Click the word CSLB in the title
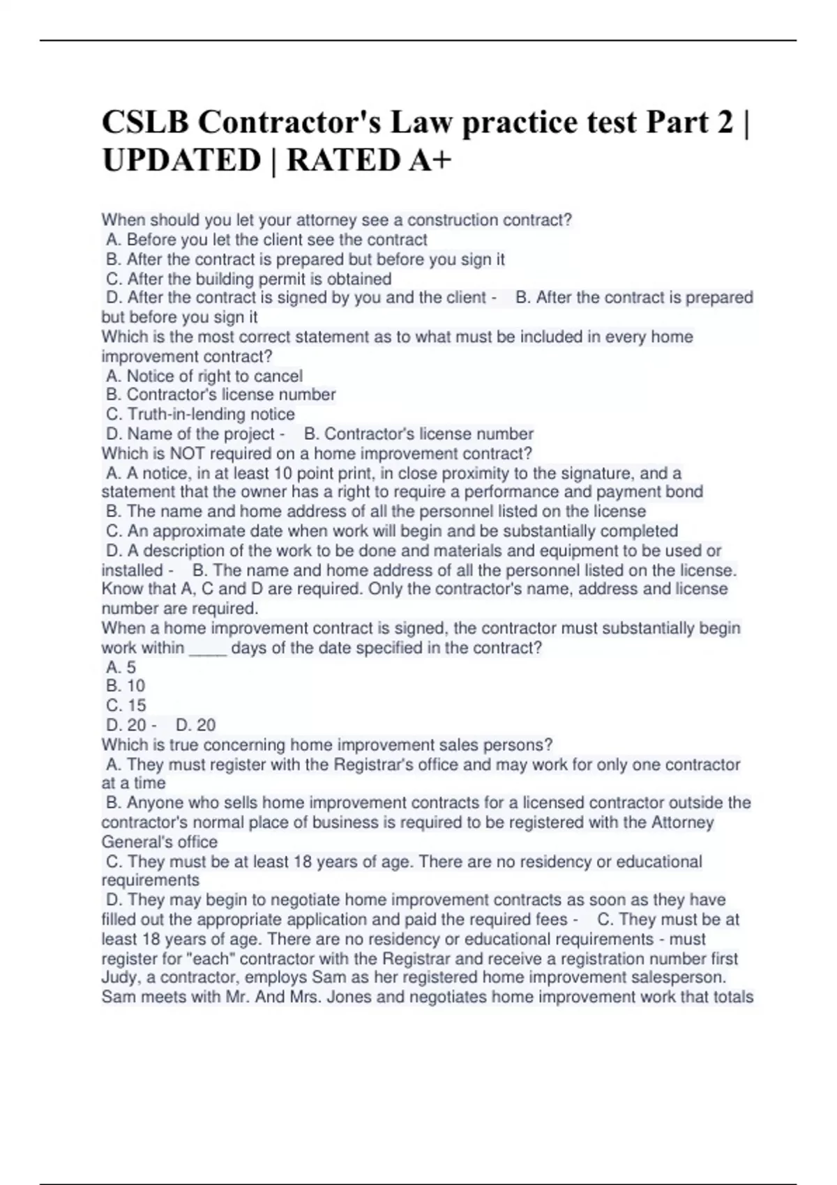click(144, 123)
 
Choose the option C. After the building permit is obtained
click(249, 279)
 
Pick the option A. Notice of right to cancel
click(204, 376)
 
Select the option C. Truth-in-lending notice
click(201, 414)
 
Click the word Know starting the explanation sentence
click(122, 589)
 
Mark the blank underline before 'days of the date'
click(208, 648)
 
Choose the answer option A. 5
click(121, 667)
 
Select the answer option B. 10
click(126, 686)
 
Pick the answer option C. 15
click(126, 705)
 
